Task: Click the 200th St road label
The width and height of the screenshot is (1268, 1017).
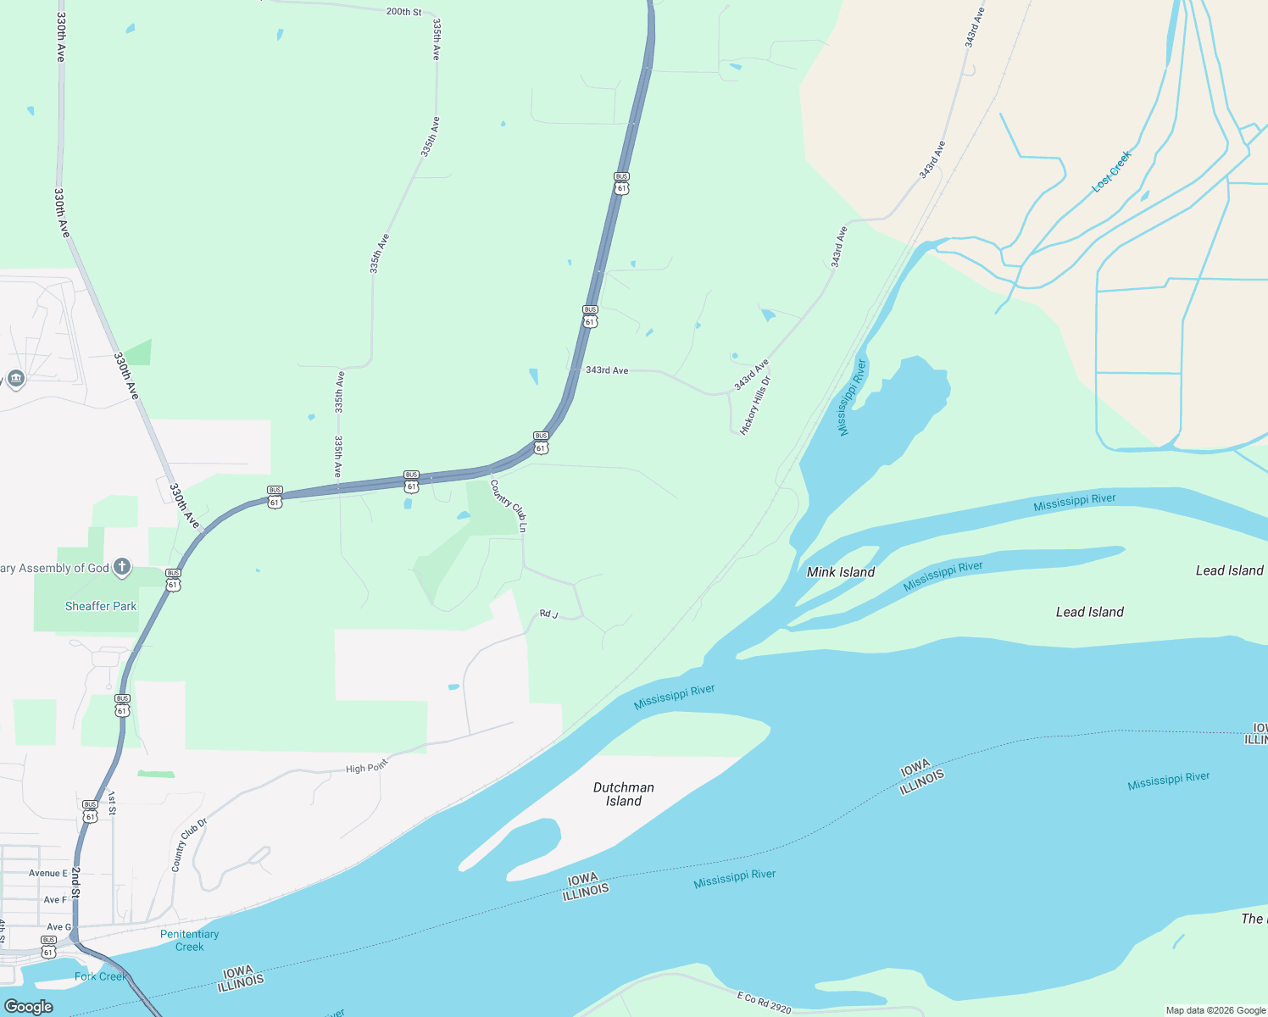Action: pos(403,12)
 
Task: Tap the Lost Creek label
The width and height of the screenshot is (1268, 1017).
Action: pos(1111,171)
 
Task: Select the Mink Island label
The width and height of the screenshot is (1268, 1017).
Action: pos(840,572)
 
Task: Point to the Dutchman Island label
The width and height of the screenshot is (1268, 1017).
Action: pos(623,794)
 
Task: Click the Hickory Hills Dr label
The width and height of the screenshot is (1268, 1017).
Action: pos(756,405)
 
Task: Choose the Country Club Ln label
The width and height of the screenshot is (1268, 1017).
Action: pos(509,506)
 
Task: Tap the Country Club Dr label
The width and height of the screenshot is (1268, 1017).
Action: pos(189,844)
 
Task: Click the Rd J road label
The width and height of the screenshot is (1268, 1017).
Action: pos(548,614)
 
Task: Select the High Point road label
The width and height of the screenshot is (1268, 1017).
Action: pos(366,767)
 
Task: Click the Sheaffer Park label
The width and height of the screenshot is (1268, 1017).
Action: pos(101,606)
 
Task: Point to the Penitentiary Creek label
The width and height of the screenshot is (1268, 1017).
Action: pos(189,940)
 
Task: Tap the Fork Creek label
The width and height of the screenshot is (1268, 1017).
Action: pos(100,976)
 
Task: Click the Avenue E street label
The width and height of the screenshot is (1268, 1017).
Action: pos(48,873)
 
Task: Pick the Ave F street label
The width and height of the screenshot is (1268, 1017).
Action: pos(55,900)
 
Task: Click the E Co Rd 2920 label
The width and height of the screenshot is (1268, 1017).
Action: pos(764,1003)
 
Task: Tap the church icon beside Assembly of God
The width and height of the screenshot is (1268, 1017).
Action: pos(122,567)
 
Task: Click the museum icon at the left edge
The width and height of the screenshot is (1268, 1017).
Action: pos(15,378)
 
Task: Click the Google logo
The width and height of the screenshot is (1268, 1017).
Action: pos(28,1006)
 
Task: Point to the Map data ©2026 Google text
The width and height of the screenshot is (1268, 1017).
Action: pos(1215,1010)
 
